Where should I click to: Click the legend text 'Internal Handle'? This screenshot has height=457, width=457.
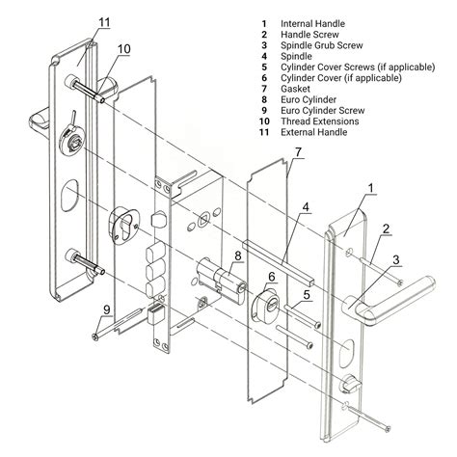[314, 22]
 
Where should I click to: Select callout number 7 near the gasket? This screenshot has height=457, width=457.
[299, 152]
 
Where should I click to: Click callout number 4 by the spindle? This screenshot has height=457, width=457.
[305, 207]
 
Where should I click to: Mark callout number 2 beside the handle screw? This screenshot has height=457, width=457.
[386, 229]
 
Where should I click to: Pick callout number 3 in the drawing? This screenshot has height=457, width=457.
[395, 260]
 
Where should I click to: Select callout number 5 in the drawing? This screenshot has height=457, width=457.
[306, 295]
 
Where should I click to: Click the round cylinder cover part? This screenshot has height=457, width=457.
[267, 309]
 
